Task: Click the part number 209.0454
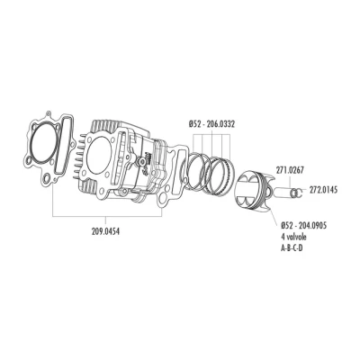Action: pyautogui.click(x=105, y=231)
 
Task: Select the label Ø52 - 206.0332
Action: pyautogui.click(x=211, y=124)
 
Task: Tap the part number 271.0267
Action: pyautogui.click(x=290, y=170)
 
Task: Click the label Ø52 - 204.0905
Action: pyautogui.click(x=304, y=225)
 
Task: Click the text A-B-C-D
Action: pyautogui.click(x=292, y=248)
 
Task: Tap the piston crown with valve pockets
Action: pyautogui.click(x=247, y=191)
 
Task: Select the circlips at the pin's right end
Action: pyautogui.click(x=298, y=193)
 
